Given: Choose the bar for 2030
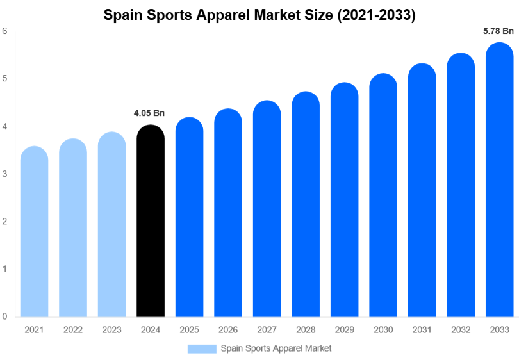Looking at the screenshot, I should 383,195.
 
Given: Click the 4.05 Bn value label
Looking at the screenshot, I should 149,113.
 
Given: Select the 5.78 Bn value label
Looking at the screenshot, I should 498,31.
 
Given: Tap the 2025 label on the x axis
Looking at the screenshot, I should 189,329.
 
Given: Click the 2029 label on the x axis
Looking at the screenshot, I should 344,329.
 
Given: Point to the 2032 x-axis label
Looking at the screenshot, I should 460,329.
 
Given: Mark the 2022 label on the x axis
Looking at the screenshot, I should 73,329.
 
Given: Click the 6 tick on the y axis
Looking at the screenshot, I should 4,31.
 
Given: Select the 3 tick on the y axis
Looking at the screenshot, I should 4,174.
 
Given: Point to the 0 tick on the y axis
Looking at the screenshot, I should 4,316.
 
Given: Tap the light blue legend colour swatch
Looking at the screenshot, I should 202,348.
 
